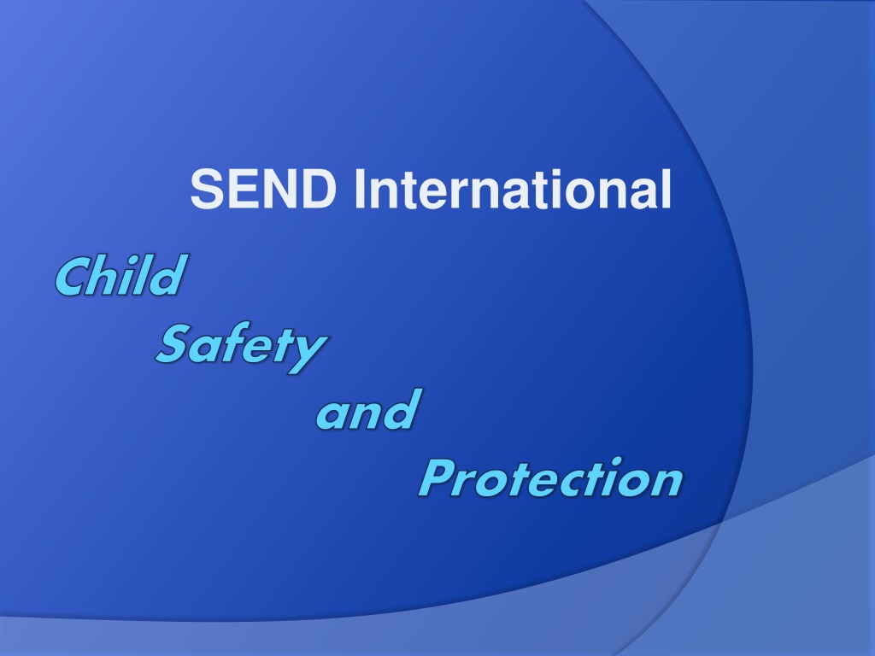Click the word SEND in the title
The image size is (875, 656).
(x=263, y=189)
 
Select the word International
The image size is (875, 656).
(x=513, y=189)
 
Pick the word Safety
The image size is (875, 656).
(x=242, y=347)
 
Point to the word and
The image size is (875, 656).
(x=369, y=409)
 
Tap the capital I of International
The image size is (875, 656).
(x=360, y=189)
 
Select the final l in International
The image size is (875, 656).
(x=667, y=189)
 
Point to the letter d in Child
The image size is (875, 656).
(x=168, y=274)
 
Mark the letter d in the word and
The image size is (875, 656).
(x=402, y=409)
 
